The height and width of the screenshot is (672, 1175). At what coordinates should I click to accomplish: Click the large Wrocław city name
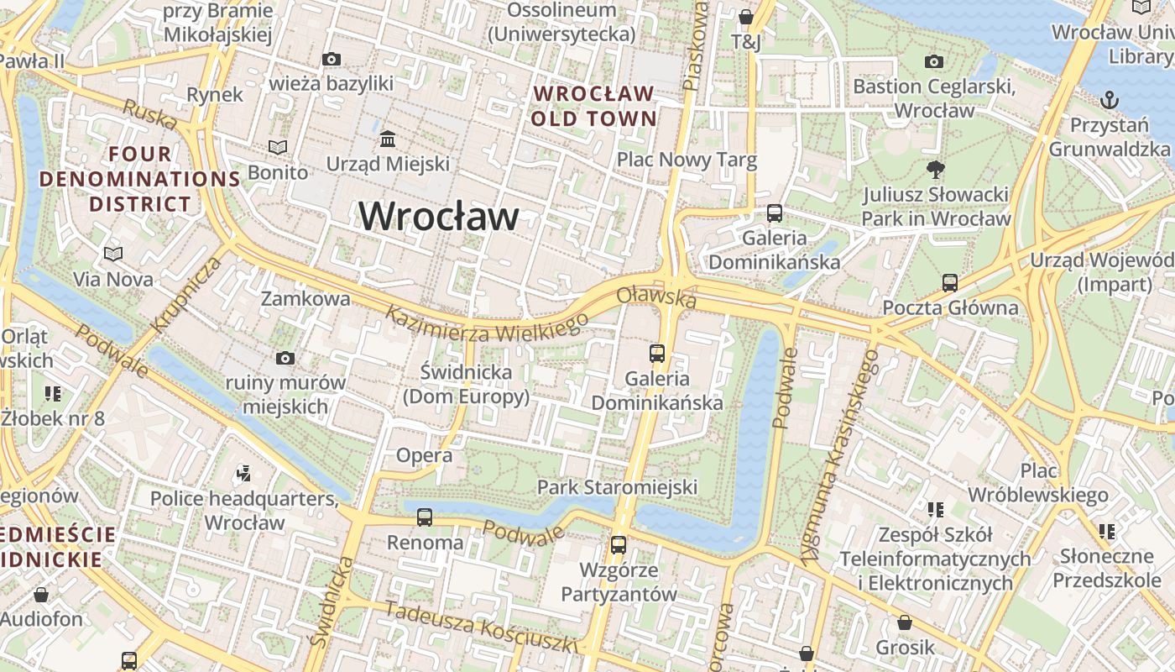(x=439, y=217)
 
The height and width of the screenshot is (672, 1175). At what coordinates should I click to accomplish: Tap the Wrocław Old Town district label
(x=593, y=106)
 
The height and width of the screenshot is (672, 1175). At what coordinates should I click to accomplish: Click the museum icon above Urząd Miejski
(x=388, y=139)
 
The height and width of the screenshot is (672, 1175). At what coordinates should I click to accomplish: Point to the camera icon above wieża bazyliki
(x=332, y=59)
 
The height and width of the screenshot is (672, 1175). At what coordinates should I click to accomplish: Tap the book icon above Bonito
(x=278, y=147)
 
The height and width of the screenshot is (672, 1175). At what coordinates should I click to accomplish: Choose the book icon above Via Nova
(x=113, y=253)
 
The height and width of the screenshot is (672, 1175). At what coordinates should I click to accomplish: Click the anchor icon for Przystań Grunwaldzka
(x=1110, y=100)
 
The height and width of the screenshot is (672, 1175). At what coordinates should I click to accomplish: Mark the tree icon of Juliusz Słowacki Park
(x=935, y=170)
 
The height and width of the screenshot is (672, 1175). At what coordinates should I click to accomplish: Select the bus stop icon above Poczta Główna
(x=950, y=282)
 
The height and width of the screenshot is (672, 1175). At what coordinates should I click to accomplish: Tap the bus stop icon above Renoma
(x=425, y=517)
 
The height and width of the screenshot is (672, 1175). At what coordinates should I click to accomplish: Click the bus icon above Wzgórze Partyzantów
(x=619, y=544)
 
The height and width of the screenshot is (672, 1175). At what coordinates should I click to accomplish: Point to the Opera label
(x=424, y=456)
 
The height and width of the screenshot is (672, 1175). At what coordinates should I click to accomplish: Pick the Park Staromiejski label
(x=617, y=487)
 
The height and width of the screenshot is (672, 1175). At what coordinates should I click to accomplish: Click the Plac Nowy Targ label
(x=687, y=160)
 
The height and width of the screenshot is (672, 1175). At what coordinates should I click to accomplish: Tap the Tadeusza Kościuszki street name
(x=482, y=627)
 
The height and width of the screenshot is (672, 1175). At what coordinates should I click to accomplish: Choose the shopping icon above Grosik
(x=905, y=622)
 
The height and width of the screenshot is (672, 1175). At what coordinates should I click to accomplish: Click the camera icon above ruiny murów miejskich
(x=285, y=359)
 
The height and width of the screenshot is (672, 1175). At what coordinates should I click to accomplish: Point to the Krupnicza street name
(x=187, y=294)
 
